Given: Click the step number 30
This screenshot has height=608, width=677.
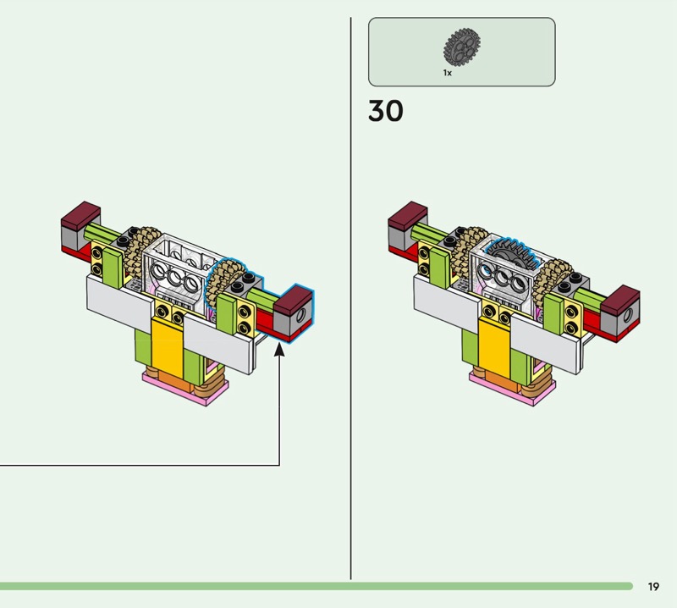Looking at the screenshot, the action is tap(386, 111).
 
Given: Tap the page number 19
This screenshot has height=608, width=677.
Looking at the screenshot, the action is tap(653, 586).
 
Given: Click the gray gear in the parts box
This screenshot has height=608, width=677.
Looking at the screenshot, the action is tap(461, 47).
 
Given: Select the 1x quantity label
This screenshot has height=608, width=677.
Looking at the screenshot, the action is tap(448, 73).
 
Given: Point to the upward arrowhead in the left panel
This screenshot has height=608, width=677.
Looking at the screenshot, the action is tap(279, 349).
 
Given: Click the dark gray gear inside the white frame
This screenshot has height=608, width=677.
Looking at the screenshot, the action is tap(512, 254).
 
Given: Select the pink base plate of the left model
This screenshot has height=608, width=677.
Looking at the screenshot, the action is tap(185, 389).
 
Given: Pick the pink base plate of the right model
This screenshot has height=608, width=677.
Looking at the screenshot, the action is tap(513, 389).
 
